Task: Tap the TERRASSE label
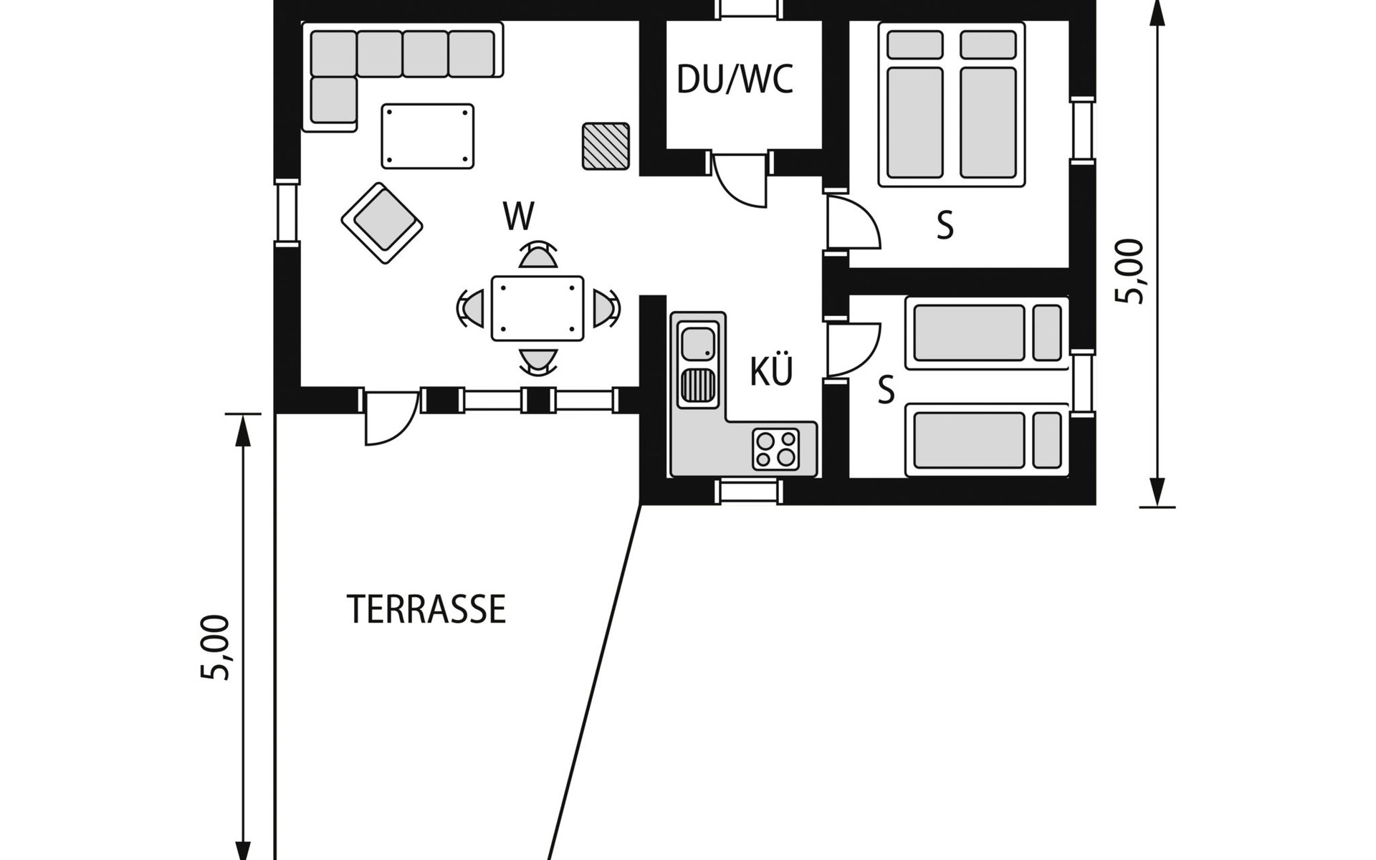click(x=427, y=609)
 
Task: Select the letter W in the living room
click(x=519, y=216)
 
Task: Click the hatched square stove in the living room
click(x=606, y=146)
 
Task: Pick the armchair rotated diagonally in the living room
click(x=382, y=224)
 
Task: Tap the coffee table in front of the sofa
click(x=428, y=136)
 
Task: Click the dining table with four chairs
click(x=537, y=308)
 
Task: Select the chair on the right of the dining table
click(x=606, y=308)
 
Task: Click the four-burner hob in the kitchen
click(x=776, y=449)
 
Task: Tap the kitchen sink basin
click(x=698, y=344)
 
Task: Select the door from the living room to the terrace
click(x=391, y=418)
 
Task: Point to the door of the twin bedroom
click(x=853, y=349)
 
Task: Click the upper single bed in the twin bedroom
click(x=987, y=333)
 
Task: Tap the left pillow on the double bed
click(x=914, y=44)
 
